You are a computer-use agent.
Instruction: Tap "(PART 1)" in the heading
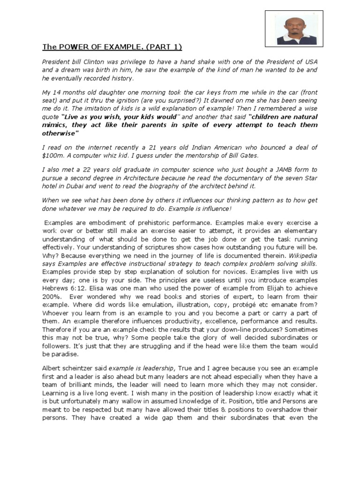coord(164,47)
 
